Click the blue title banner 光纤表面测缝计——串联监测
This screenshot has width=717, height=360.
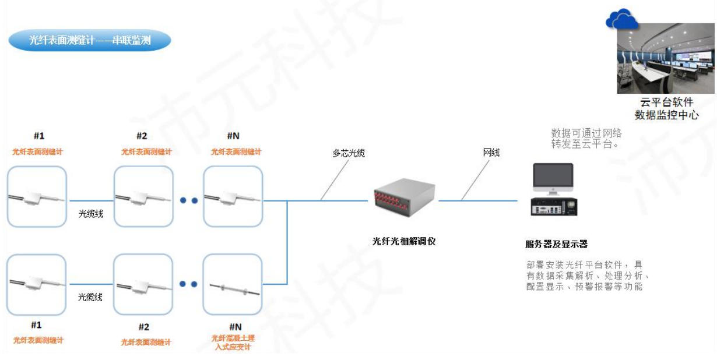pyautogui.click(x=90, y=40)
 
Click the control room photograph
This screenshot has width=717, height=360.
pyautogui.click(x=666, y=58)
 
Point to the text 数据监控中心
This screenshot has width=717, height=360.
pyautogui.click(x=666, y=115)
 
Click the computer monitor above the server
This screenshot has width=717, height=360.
pyautogui.click(x=553, y=179)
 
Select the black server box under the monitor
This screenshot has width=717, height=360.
pyautogui.click(x=553, y=207)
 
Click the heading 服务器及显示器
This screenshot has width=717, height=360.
pyautogui.click(x=556, y=244)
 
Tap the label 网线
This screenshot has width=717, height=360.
pyautogui.click(x=491, y=153)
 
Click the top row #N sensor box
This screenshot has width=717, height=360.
pyautogui.click(x=233, y=196)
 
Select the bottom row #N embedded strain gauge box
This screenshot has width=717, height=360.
pyautogui.click(x=233, y=284)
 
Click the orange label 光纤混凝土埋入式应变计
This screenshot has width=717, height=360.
pyautogui.click(x=233, y=343)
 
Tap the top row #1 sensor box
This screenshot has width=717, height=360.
pyautogui.click(x=37, y=196)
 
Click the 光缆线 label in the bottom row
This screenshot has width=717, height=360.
pyautogui.click(x=90, y=297)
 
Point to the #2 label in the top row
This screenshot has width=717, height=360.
pyautogui.click(x=142, y=136)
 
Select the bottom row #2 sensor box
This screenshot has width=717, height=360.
pyautogui.click(x=143, y=284)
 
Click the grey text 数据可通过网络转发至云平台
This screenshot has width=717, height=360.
pyautogui.click(x=586, y=138)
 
